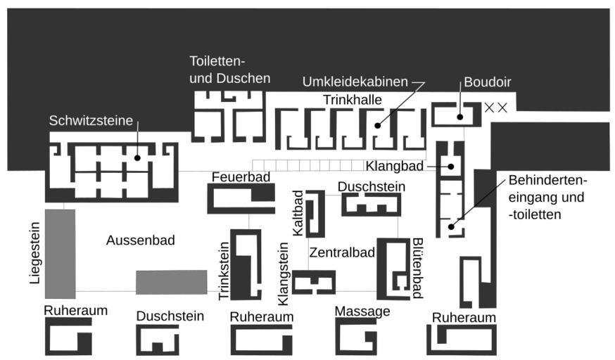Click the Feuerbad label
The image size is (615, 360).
241,176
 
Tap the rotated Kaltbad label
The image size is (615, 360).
298,213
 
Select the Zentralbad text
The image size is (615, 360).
341,252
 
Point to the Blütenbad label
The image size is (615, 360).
417,267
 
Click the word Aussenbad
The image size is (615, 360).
140,240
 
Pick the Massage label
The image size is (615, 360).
362,311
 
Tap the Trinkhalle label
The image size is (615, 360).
353,100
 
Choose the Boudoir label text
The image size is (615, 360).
487,82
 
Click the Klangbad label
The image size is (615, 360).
394,166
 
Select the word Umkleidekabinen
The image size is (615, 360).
355,82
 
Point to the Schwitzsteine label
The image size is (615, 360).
91,120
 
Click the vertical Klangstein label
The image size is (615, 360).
284,273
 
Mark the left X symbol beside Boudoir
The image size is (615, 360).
490,108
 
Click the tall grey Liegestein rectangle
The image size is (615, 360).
60,253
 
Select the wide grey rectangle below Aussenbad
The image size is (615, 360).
171,281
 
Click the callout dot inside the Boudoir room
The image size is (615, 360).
459,117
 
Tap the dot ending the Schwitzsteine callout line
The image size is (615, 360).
137,157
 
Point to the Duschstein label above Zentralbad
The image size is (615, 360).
371,186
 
